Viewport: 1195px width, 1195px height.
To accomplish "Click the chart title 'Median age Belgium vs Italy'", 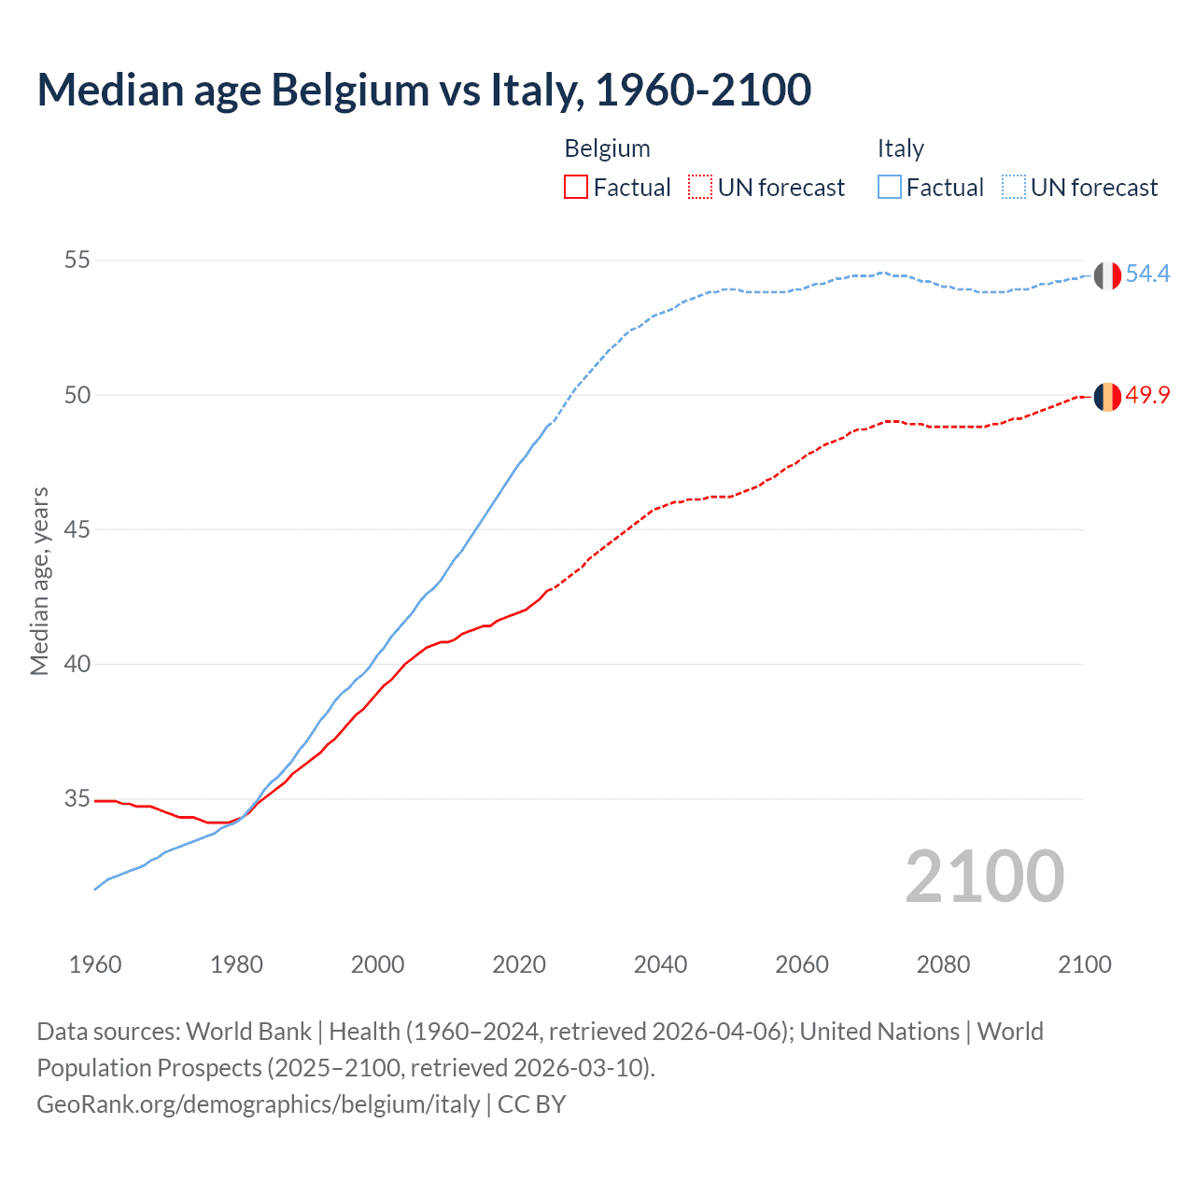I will [424, 91].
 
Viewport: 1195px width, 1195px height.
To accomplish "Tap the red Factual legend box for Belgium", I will [576, 188].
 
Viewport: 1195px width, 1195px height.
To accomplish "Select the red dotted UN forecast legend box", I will [699, 188].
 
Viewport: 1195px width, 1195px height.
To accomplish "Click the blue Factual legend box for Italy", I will [890, 188].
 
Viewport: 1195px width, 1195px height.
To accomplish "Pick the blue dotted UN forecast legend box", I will [1013, 188].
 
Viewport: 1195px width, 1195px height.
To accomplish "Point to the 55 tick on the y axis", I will [77, 260].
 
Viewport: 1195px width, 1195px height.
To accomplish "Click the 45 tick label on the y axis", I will [77, 529].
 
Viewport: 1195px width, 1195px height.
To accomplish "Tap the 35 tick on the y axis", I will [77, 799].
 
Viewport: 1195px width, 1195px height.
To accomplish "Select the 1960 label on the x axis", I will [95, 964].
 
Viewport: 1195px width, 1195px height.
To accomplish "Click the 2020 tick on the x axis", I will [519, 964].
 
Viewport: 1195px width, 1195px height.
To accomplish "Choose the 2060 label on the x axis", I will [802, 964].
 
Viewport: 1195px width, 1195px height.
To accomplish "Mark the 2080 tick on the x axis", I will [943, 964].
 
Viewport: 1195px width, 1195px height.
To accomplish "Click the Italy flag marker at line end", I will [1107, 275].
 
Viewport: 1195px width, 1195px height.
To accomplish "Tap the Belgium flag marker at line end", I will [1107, 397].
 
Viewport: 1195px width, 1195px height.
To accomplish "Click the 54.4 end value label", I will [1147, 274].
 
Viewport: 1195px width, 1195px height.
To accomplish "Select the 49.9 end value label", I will [1147, 396].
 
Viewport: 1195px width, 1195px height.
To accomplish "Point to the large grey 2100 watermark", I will [984, 877].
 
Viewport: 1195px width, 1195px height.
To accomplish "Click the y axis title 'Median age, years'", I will [40, 581].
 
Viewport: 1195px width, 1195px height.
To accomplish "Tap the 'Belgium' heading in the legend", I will [607, 149].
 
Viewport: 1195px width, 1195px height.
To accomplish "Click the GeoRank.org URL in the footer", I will [259, 1104].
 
